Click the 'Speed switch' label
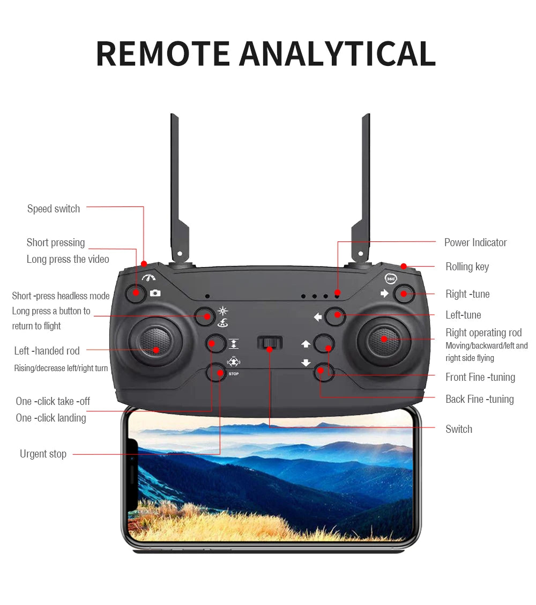point(54,209)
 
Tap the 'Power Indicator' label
point(475,242)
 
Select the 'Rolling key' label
point(467,267)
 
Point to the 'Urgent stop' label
point(43,454)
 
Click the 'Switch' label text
point(459,429)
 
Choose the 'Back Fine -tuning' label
point(479,399)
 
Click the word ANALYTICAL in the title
point(337,54)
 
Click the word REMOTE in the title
point(163,54)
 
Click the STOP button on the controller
point(216,372)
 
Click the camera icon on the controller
point(155,293)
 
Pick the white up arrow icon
point(306,344)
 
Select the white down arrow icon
point(306,363)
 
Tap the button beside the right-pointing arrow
point(403,294)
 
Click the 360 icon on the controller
point(391,278)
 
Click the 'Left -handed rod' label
point(47,351)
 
